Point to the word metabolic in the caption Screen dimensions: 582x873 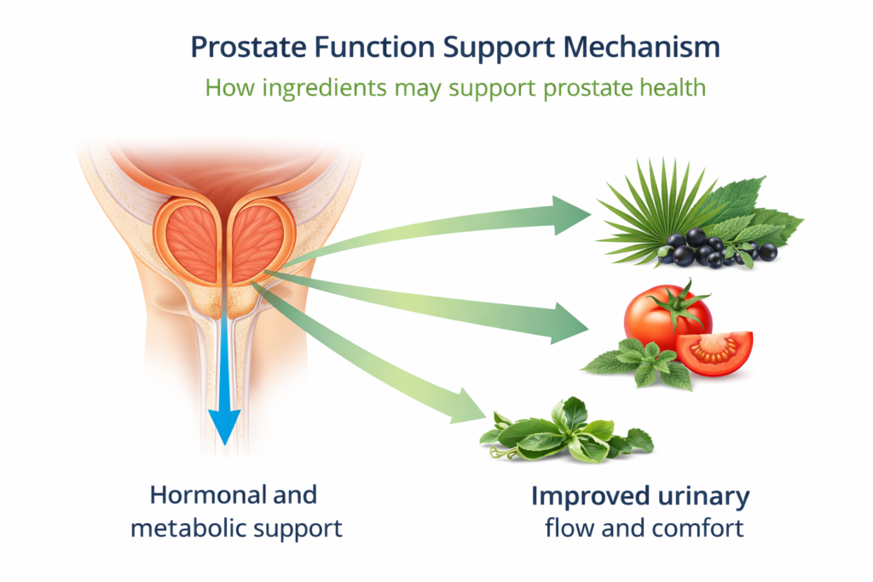(x=187, y=527)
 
